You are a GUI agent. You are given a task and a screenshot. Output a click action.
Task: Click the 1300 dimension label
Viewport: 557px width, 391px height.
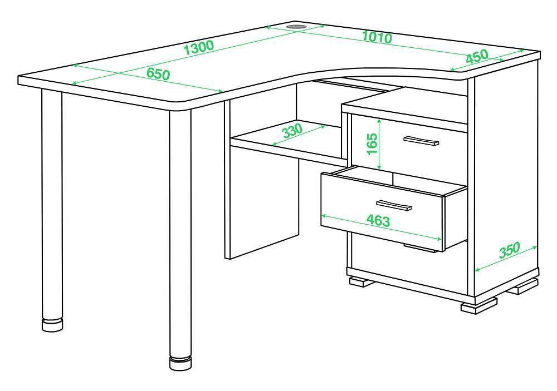tap(199, 47)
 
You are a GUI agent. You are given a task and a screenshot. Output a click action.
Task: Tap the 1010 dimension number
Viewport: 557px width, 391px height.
tap(377, 37)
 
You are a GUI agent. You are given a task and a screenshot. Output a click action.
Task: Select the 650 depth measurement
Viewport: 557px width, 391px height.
tap(158, 74)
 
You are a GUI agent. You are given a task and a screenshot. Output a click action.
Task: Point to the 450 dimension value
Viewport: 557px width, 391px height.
tap(477, 56)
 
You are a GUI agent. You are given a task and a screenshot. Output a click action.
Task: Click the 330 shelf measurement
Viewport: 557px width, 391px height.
tap(292, 130)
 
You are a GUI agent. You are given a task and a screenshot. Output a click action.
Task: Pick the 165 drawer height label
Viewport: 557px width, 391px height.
tap(372, 143)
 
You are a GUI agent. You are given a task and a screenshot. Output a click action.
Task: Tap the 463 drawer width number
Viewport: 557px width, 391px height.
tap(378, 221)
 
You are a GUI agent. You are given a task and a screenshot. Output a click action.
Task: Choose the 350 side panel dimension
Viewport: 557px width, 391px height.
tap(510, 250)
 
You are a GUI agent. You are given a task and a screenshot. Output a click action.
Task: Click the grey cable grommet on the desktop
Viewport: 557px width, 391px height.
tap(297, 27)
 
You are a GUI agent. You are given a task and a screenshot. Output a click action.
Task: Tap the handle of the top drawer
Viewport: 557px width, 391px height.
tap(421, 141)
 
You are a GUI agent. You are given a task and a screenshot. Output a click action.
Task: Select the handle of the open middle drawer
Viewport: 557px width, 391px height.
tap(394, 205)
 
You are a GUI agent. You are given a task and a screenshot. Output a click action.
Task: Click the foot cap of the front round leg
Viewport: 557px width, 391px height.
tap(180, 364)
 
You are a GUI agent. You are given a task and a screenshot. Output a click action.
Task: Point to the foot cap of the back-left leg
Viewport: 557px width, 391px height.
tap(52, 325)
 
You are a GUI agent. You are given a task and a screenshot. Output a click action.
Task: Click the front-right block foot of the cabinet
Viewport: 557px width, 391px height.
tap(479, 305)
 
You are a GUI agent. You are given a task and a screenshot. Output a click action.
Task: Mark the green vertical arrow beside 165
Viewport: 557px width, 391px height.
tap(380, 144)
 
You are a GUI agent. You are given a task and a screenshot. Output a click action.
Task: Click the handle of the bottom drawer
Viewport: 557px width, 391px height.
tap(419, 248)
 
